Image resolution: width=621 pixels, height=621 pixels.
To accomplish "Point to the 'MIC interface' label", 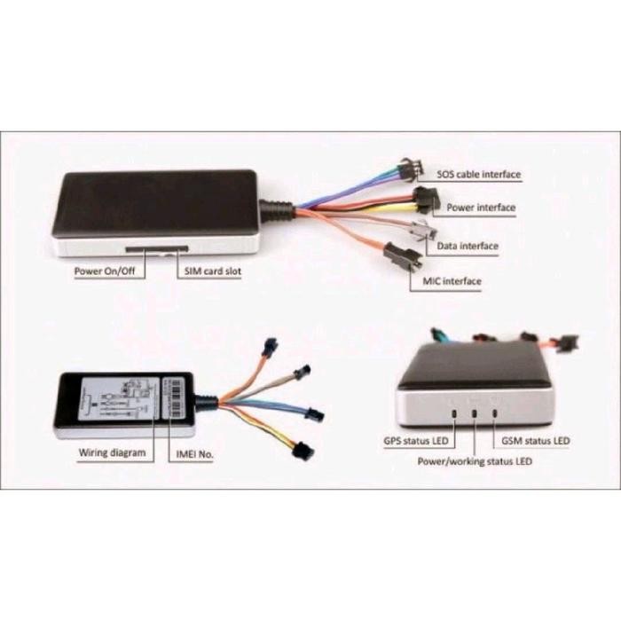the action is coord(446,281).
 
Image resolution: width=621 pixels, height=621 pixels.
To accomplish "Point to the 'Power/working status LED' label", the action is coord(476,462).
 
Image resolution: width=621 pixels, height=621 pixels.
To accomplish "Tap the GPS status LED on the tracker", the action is coord(454,412).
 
